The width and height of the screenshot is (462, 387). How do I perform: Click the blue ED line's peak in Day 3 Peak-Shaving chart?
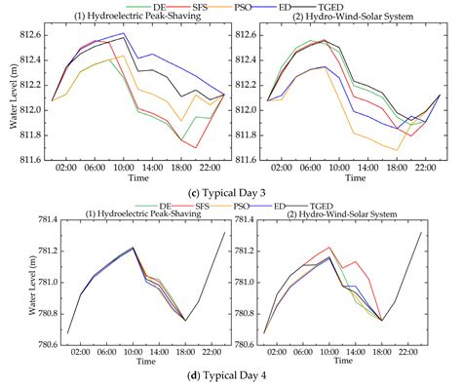(x=124, y=33)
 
